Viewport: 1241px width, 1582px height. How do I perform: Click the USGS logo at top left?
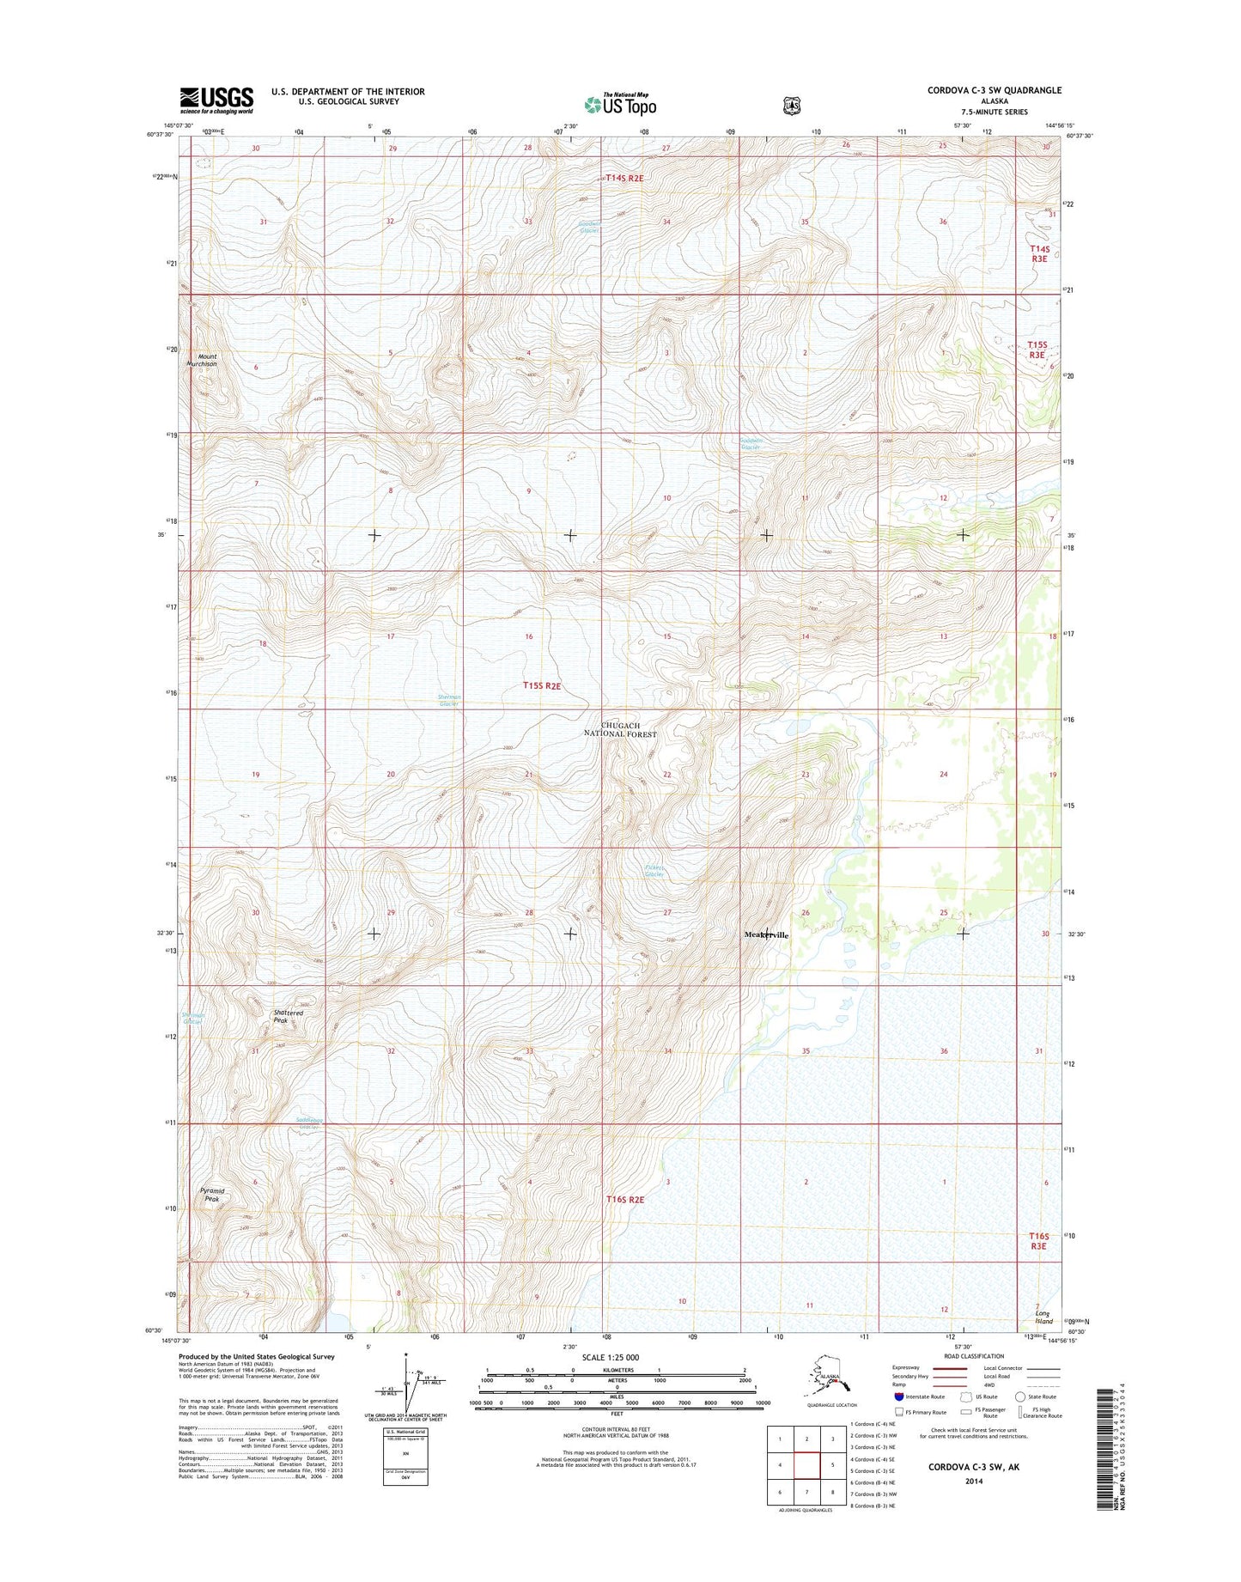pyautogui.click(x=216, y=100)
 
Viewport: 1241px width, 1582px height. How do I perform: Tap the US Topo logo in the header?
pyautogui.click(x=620, y=104)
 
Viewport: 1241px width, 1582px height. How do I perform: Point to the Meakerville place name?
pyautogui.click(x=765, y=934)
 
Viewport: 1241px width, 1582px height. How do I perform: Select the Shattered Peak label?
pyautogui.click(x=288, y=1017)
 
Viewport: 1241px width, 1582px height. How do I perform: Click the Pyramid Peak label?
pyautogui.click(x=212, y=1195)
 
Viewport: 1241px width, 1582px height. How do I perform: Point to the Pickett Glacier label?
pyautogui.click(x=654, y=871)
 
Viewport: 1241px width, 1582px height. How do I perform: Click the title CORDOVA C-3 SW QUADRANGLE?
pyautogui.click(x=994, y=90)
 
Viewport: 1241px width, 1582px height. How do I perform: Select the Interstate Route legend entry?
pyautogui.click(x=919, y=1396)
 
